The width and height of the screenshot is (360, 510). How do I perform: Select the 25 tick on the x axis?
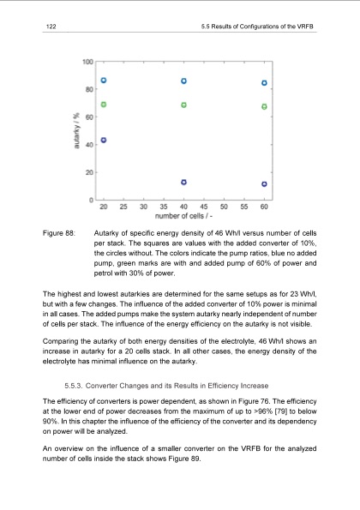[x=123, y=207]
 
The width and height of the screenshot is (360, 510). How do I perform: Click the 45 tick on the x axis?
[x=204, y=207]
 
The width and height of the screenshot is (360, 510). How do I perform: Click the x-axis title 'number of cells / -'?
[x=183, y=217]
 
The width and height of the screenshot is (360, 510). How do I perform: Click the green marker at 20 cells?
[x=104, y=105]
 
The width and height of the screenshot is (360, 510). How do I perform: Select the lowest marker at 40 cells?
[x=184, y=182]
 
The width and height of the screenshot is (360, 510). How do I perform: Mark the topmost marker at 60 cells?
[x=264, y=83]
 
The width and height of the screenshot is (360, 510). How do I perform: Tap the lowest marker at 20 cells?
[x=104, y=140]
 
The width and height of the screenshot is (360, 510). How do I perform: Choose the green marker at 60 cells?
[x=264, y=107]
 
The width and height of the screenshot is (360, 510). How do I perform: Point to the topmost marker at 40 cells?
[x=184, y=81]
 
